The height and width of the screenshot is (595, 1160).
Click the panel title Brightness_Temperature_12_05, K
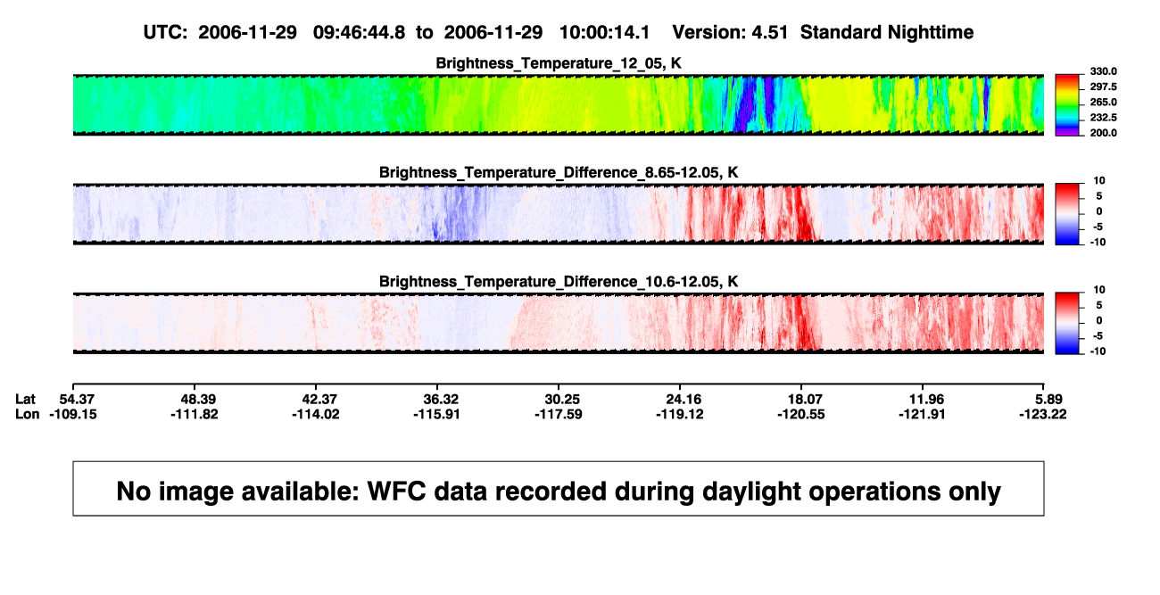559,63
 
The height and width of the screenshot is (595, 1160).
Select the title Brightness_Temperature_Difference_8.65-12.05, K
559,172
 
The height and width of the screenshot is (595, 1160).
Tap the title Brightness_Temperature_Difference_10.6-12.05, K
559,282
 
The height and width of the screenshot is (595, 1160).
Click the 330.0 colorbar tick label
1103,71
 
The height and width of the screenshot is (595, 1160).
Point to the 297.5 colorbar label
1103,87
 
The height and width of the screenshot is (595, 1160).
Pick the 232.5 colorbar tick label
1103,118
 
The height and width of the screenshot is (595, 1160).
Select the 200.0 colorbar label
1103,133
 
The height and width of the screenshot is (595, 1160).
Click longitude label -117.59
559,414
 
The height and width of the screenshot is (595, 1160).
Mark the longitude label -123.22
1043,414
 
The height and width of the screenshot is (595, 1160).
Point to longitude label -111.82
195,414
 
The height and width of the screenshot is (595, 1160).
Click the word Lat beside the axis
25,400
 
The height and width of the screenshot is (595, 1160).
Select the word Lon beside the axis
28,414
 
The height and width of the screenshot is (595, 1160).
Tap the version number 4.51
769,33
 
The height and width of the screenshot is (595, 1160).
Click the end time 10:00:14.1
604,33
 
